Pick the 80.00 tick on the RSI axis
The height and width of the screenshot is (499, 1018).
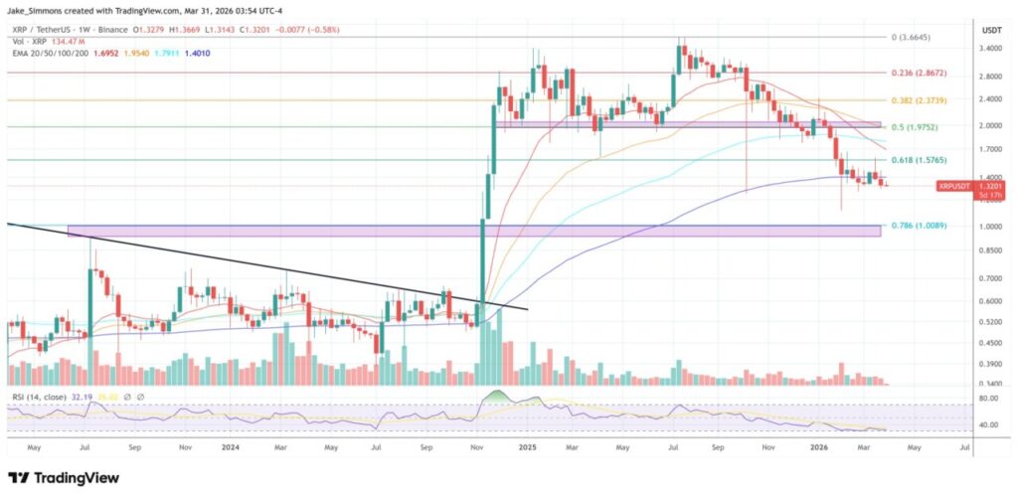(988, 398)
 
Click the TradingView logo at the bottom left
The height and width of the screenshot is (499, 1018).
(64, 478)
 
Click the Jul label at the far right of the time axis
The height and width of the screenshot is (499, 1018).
(965, 448)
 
